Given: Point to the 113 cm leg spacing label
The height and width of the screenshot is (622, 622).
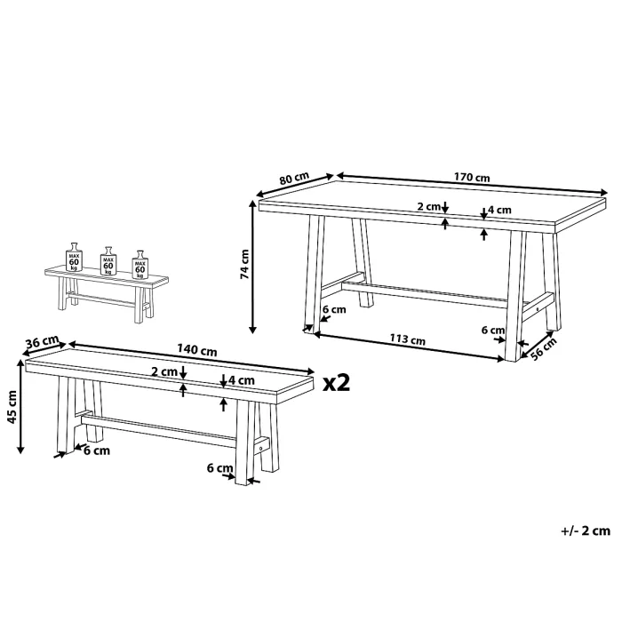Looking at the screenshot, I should click(407, 339).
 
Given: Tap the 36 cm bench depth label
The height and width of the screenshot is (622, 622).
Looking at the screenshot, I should click(42, 342).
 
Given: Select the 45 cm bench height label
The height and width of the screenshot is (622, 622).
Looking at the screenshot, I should click(12, 408).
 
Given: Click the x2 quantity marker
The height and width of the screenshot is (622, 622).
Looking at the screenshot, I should click(338, 382).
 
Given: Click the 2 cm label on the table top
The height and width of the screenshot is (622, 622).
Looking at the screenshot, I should click(429, 207).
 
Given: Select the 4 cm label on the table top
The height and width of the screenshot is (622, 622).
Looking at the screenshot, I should click(499, 211).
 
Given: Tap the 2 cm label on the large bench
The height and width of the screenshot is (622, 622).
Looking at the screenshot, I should click(165, 371).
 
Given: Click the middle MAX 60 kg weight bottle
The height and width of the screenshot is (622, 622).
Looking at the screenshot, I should click(108, 261).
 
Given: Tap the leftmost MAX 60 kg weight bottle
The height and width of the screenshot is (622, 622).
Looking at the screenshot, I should click(75, 257).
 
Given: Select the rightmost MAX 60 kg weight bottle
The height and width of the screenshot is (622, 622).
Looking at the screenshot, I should click(140, 264).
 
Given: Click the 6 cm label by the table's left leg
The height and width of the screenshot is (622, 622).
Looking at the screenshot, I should click(333, 310).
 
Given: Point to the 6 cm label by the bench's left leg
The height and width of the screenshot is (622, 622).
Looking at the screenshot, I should click(97, 451).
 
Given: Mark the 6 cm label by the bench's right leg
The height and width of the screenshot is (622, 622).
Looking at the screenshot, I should click(219, 467).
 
